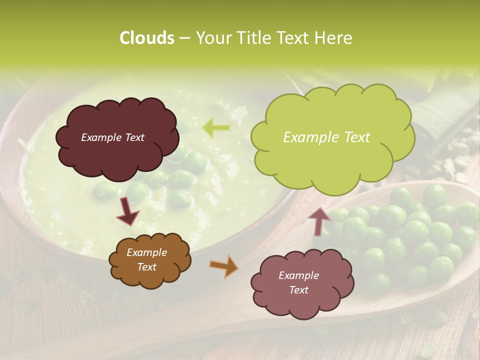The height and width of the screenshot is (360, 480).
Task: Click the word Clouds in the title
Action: pos(146,38)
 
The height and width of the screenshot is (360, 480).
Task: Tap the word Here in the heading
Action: pos(334,38)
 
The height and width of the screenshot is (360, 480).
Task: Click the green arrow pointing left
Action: pos(216,128)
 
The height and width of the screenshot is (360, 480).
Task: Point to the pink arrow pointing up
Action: pos(319,220)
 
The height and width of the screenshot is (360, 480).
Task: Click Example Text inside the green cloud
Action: pos(326,137)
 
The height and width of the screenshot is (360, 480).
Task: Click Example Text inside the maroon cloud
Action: pos(112,137)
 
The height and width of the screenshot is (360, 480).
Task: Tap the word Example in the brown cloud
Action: pos(146,252)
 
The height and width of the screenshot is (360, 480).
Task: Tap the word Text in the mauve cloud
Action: pos(299,290)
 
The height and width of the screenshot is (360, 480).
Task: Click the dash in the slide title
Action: pos(184,38)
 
